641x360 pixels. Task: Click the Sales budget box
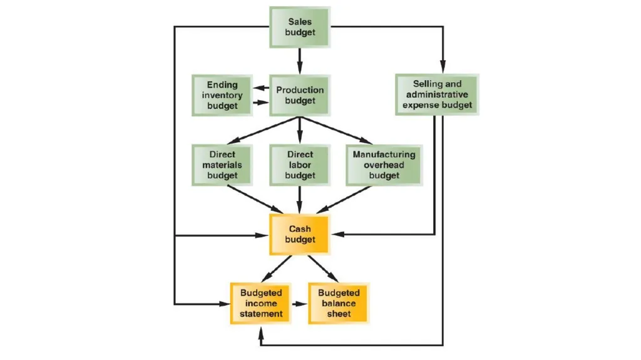point(300,27)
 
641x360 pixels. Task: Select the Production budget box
point(300,95)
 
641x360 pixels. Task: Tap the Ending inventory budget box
point(222,95)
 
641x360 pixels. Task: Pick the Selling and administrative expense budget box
point(437,95)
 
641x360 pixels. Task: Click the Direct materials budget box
point(222,165)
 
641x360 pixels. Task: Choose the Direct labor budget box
point(300,165)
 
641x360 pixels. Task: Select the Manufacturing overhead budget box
point(384,165)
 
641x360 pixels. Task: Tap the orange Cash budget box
point(300,234)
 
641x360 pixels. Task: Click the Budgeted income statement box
point(261,303)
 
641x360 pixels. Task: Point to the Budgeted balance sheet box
point(339,303)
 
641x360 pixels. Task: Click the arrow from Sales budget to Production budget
point(300,61)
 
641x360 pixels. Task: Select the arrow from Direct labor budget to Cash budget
point(300,200)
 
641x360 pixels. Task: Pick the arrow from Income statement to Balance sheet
point(300,304)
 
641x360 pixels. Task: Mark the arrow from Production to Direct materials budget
point(264,130)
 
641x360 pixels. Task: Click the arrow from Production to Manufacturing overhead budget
point(336,130)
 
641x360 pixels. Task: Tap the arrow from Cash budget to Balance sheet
point(324,269)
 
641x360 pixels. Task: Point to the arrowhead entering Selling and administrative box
point(443,68)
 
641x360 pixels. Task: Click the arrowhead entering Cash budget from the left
point(262,235)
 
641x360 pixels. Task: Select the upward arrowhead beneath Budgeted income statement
point(261,332)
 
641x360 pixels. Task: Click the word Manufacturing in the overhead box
point(384,155)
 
